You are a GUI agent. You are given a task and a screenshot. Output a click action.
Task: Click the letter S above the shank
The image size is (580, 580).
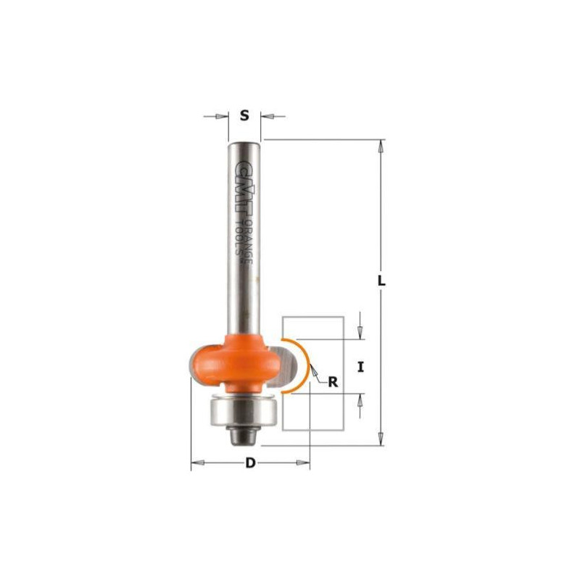[244, 115]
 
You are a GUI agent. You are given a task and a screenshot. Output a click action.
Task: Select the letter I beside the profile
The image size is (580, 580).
[360, 367]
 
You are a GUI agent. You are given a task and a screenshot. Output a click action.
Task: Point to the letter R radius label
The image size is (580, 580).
[333, 383]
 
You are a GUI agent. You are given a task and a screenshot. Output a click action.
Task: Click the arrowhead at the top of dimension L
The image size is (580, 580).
[381, 145]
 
